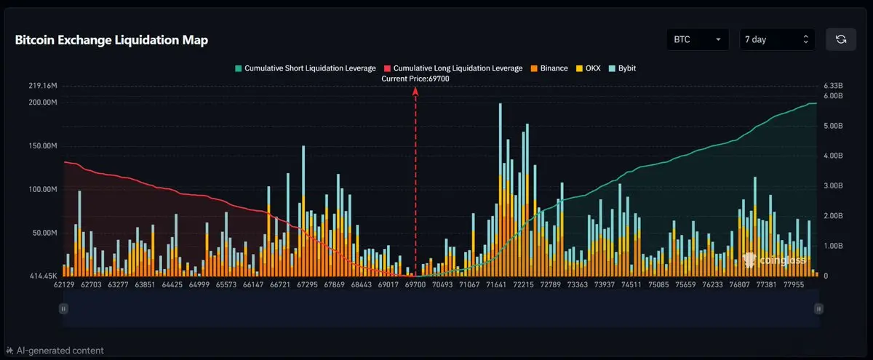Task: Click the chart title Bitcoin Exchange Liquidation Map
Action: [111, 40]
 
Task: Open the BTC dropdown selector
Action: [698, 39]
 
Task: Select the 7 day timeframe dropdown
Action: [777, 39]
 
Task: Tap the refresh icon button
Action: [840, 39]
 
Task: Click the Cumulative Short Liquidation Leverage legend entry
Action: [305, 68]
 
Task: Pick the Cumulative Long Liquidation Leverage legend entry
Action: [453, 68]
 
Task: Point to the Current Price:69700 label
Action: [415, 78]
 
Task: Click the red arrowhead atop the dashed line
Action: [415, 92]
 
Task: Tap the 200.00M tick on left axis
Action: [42, 102]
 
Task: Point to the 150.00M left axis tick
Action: [42, 145]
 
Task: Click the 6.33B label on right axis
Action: [833, 86]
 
